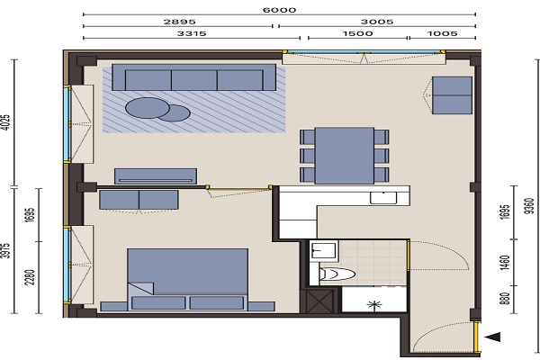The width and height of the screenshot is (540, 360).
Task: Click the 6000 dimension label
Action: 279,10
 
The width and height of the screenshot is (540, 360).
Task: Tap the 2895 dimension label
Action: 179,22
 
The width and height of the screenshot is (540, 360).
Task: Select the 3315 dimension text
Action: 192,33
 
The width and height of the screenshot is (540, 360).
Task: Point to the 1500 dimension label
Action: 357,33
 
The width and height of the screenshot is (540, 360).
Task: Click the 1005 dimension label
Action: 442,33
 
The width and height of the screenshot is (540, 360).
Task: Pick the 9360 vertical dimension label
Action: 530,206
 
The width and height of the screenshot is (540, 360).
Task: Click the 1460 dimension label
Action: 505,263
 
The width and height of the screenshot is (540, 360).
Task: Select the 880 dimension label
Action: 505,299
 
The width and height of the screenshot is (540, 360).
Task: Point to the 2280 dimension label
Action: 31,277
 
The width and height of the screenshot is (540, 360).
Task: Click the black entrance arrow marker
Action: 492,337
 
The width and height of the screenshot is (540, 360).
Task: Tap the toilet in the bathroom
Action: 337,274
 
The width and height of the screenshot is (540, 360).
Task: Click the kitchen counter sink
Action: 383,198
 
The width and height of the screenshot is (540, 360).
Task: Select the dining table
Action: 345,156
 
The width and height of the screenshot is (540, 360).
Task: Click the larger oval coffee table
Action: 148,108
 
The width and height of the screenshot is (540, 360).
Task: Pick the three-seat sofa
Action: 193,77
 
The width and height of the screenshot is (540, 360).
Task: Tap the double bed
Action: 188,279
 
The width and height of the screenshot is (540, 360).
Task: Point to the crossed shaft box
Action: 319,301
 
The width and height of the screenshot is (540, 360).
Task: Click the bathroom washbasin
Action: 323,250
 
